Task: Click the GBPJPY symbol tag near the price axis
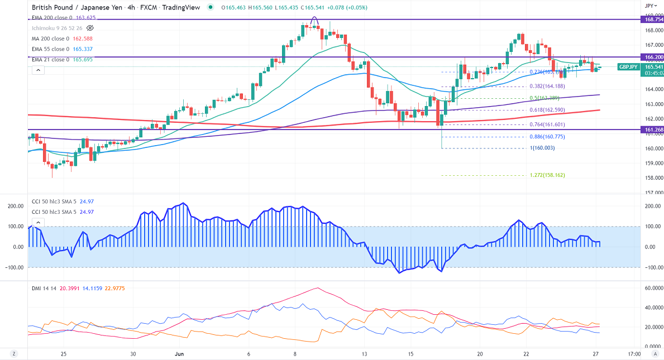point(628,67)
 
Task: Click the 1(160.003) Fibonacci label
point(542,148)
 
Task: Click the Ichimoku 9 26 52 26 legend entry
point(56,28)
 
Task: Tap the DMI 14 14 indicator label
point(47,288)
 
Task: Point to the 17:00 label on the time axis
point(634,354)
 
